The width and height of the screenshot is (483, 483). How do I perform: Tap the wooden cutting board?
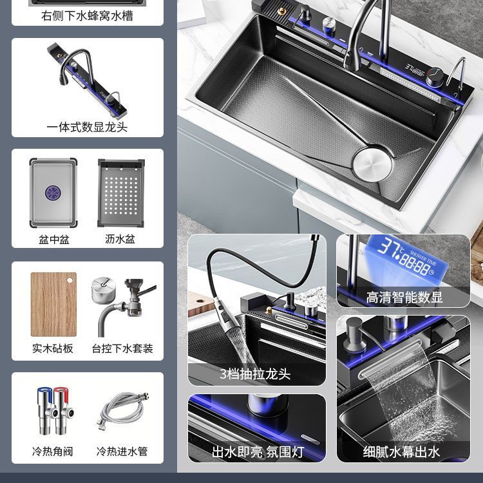tap(53, 305)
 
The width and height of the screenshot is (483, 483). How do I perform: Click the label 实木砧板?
tap(53, 348)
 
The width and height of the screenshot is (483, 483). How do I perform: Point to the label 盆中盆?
tap(53, 240)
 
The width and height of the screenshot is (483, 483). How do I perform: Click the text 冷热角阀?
tap(53, 451)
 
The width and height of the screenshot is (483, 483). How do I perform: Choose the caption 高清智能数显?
tap(404, 298)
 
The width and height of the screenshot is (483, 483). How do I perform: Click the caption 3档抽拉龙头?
tap(256, 374)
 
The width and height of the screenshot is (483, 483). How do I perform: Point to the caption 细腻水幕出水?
tap(402, 451)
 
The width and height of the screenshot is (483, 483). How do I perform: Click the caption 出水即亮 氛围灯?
tap(257, 451)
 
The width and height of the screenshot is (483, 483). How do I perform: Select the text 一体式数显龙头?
tap(87, 127)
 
